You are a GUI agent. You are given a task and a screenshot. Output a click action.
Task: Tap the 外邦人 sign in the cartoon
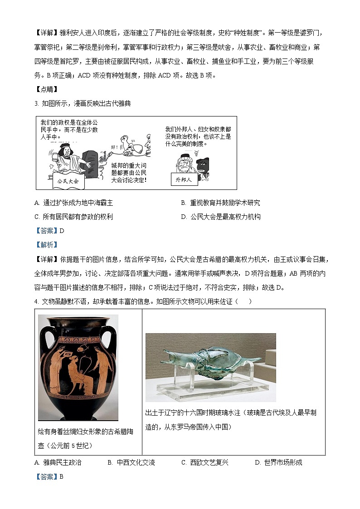click(184, 179)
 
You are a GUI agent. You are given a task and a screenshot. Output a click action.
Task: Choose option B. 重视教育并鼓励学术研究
click(220, 203)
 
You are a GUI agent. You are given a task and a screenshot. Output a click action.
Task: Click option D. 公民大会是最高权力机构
click(221, 217)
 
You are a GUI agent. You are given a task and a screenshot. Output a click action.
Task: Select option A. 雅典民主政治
click(58, 462)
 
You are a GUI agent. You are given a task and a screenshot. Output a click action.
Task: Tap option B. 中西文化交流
click(131, 462)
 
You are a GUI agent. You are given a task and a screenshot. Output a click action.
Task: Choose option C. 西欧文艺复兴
click(204, 462)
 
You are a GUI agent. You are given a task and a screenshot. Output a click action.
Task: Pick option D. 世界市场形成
click(278, 462)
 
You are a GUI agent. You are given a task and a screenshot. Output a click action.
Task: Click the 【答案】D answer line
click(50, 231)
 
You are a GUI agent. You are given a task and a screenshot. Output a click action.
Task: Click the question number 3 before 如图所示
click(36, 103)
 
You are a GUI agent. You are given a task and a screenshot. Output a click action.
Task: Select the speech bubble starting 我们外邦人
click(198, 136)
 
